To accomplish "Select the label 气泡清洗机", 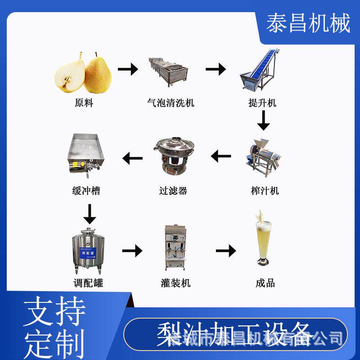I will pos(171,103).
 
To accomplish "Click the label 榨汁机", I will pos(265,190).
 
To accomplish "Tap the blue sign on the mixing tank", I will pos(86,252).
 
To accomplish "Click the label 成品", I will pos(265,283).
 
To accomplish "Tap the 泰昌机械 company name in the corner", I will pos(308,23).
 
